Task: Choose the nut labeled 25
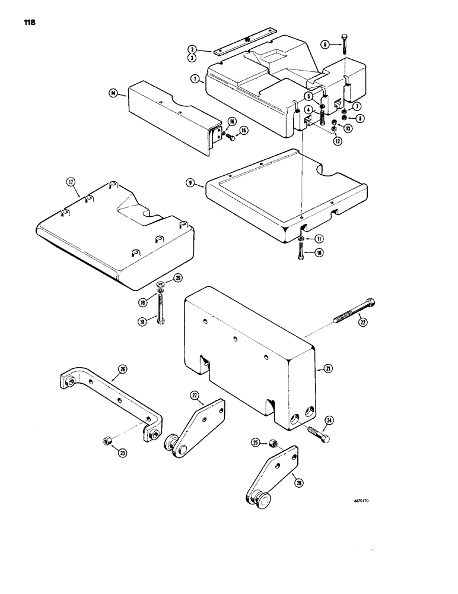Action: (274, 443)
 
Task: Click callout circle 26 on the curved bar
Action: (122, 369)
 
